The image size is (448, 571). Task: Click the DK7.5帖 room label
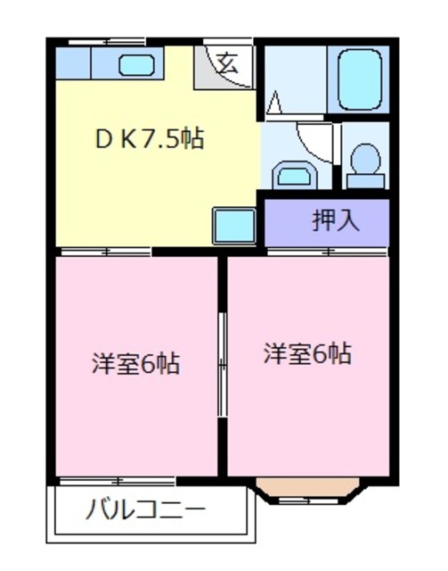pos(150,138)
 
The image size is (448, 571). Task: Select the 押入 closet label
pos(336,220)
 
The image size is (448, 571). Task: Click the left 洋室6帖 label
pos(135,363)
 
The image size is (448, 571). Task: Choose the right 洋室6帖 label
pos(307,353)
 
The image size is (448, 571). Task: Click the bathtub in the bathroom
pos(360,79)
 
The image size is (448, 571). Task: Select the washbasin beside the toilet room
pos(295,176)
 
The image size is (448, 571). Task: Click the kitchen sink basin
pos(136,65)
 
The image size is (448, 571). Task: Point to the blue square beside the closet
pos(234,226)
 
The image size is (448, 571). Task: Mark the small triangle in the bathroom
pos(275,103)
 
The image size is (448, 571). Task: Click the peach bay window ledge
pos(308,487)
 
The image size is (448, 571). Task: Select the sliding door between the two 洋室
pos(222,364)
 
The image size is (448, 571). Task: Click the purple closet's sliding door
pos(327,252)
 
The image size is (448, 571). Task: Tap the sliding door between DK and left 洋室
pos(105,252)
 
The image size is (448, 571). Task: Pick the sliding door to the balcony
pos(118,482)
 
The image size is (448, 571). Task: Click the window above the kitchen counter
pos(108,42)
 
